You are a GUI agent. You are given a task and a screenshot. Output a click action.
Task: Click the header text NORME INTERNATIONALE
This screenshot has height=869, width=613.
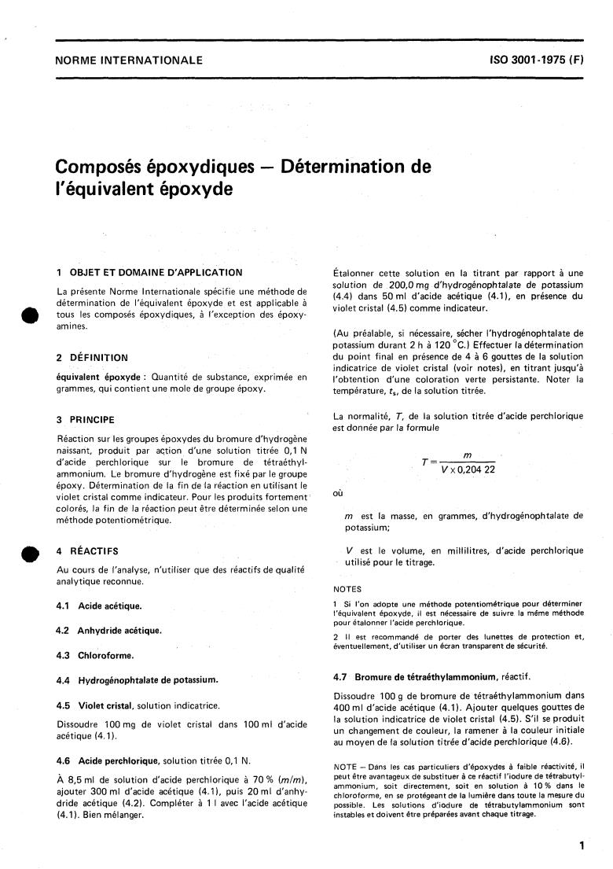click(128, 60)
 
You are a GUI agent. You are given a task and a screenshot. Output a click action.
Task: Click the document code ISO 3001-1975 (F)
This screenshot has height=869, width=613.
click(537, 60)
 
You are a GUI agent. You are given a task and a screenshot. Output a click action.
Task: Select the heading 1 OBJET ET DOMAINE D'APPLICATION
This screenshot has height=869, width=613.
click(149, 272)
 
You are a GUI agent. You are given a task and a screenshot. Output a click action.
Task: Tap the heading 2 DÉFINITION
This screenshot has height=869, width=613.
click(91, 357)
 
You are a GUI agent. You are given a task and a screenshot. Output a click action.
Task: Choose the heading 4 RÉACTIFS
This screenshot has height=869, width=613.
click(87, 551)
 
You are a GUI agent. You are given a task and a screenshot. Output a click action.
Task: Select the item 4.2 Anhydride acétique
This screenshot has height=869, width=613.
click(108, 630)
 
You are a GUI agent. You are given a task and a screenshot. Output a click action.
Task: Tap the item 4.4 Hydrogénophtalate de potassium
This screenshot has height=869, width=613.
click(137, 679)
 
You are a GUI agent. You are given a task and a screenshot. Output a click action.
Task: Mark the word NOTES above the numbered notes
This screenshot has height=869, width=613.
click(347, 588)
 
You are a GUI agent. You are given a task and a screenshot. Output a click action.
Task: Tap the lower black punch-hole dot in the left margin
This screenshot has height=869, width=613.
click(31, 555)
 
